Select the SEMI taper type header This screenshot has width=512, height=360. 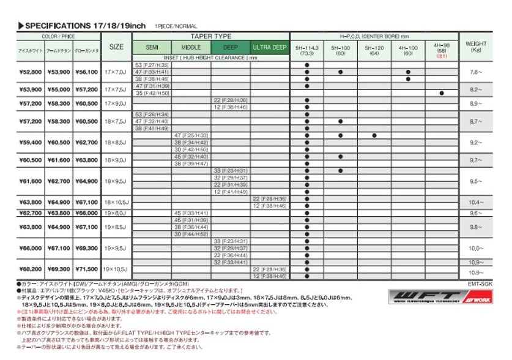[x=152, y=47]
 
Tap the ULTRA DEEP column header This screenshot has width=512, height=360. [x=270, y=47]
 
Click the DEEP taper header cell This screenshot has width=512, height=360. [x=231, y=47]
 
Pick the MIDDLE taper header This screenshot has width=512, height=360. [x=191, y=47]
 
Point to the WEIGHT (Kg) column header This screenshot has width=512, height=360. [x=476, y=46]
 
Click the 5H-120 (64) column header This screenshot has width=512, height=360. [x=374, y=50]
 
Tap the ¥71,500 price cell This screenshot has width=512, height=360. [x=86, y=269]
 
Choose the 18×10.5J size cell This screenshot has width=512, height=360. [x=116, y=202]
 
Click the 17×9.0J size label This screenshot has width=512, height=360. [x=116, y=104]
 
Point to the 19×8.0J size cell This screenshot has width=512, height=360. [x=116, y=213]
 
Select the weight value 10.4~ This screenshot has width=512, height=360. [x=476, y=202]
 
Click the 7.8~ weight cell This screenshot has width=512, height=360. [x=476, y=72]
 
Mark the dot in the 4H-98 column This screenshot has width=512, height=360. [x=441, y=93]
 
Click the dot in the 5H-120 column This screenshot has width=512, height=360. [x=374, y=135]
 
